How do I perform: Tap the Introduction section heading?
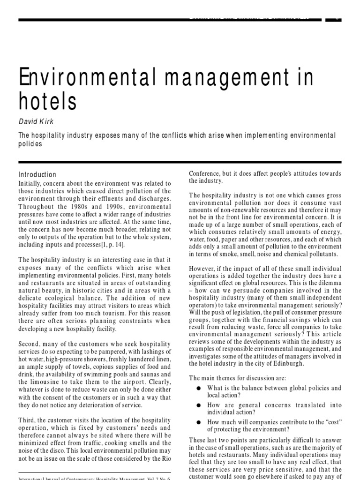pos(37,174)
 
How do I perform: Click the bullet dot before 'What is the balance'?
pos(199,389)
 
